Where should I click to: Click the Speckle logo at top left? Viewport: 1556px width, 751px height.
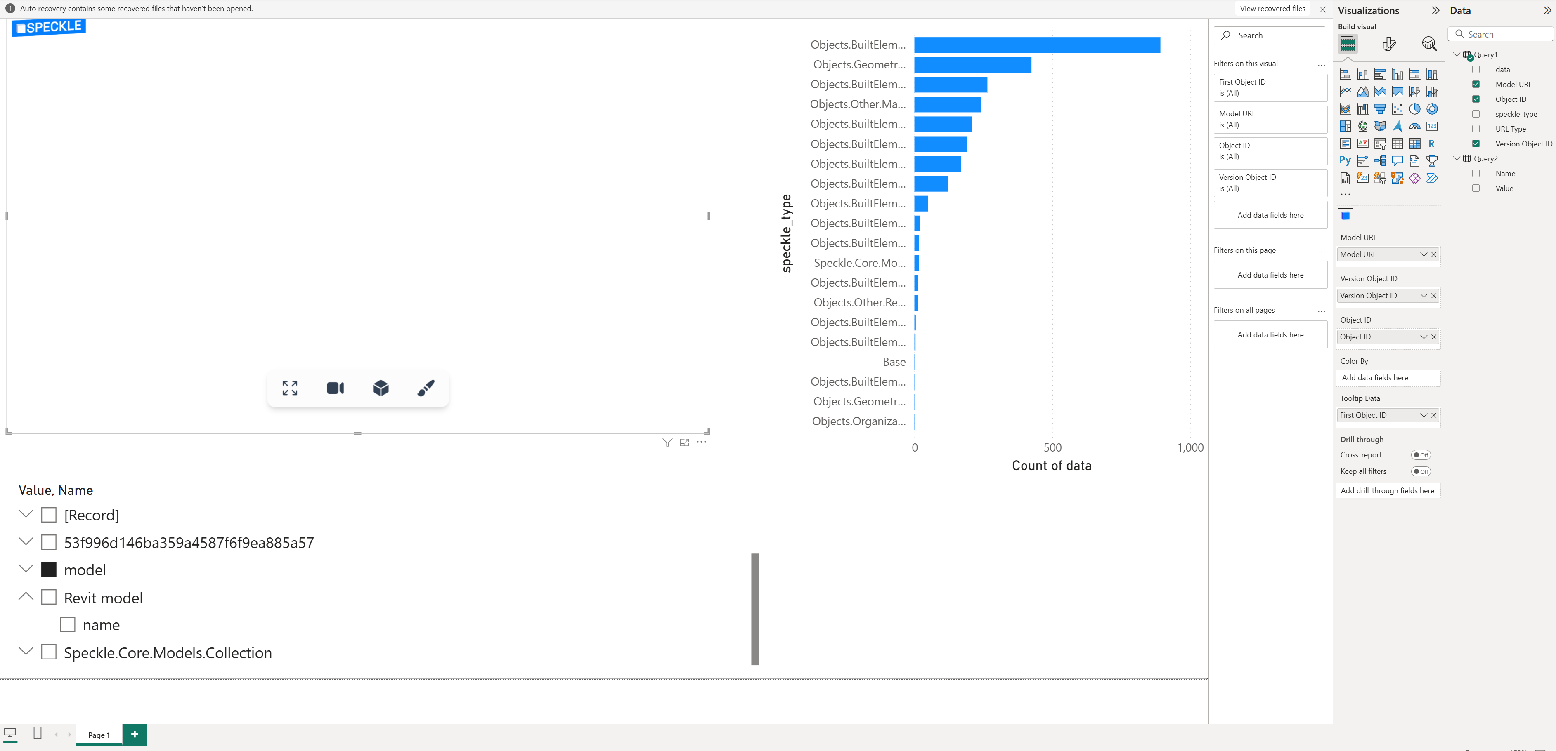click(49, 27)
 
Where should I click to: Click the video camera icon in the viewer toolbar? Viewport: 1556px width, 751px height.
click(335, 388)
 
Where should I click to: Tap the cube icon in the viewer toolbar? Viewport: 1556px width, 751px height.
click(381, 388)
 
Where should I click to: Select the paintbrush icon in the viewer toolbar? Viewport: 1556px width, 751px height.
click(426, 388)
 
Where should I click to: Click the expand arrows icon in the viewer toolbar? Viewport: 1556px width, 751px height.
click(290, 388)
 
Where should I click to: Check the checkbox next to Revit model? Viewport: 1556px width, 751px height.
click(49, 598)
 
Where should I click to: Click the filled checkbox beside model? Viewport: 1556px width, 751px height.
click(49, 570)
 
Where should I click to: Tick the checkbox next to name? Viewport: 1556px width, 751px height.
click(68, 625)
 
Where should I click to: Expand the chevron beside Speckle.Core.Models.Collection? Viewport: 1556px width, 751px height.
click(26, 651)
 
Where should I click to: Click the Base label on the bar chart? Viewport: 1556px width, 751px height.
click(894, 362)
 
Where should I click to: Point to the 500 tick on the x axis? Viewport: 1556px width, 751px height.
click(1052, 448)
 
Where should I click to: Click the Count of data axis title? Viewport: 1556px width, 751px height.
click(1052, 466)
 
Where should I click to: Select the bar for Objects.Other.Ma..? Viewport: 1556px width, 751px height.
click(947, 104)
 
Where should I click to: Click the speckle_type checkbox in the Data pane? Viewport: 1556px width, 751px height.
click(1476, 114)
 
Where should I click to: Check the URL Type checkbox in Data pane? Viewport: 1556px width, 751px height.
click(1476, 129)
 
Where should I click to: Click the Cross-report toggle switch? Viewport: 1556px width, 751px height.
click(1421, 455)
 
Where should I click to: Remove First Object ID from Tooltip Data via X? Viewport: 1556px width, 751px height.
click(1434, 415)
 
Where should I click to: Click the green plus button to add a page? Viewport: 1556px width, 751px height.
click(135, 734)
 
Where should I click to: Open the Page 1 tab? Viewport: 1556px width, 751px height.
click(99, 735)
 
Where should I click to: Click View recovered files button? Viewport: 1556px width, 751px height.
click(1272, 8)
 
